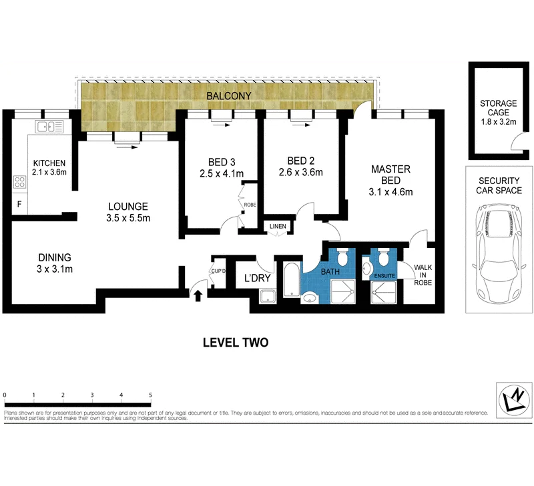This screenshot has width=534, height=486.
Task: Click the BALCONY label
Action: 229,96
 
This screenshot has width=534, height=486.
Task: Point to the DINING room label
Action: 54,258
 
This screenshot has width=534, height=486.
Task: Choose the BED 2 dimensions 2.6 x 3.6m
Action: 300,172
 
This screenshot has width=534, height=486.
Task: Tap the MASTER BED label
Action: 390,175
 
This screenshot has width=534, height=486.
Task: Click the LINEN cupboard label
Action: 278,227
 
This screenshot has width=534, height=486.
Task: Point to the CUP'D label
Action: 218,271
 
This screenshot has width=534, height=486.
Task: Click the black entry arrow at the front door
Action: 198,295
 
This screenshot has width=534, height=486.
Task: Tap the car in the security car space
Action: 497,253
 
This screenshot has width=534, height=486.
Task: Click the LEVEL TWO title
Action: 236,343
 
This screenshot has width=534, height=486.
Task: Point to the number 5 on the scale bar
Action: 151,395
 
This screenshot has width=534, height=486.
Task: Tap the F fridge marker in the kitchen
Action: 19,205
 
